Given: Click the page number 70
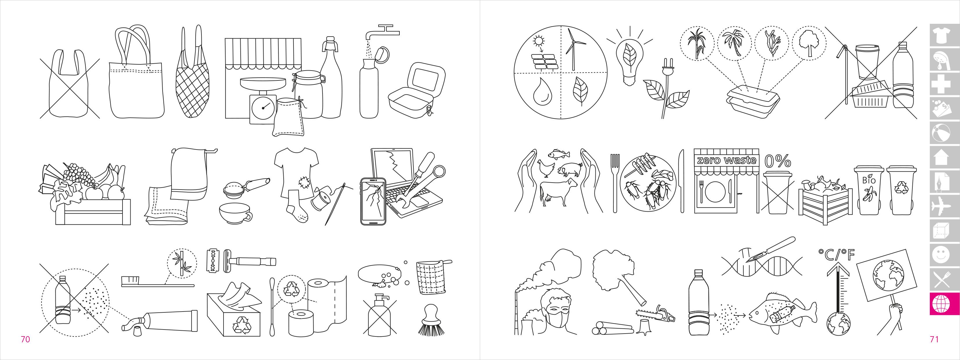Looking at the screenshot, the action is [x=25, y=339].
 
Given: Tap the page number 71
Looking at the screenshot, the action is [x=934, y=339].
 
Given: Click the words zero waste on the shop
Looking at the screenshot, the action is [x=726, y=160].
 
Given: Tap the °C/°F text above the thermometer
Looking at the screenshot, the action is [x=837, y=255].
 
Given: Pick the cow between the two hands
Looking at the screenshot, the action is [x=558, y=190].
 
